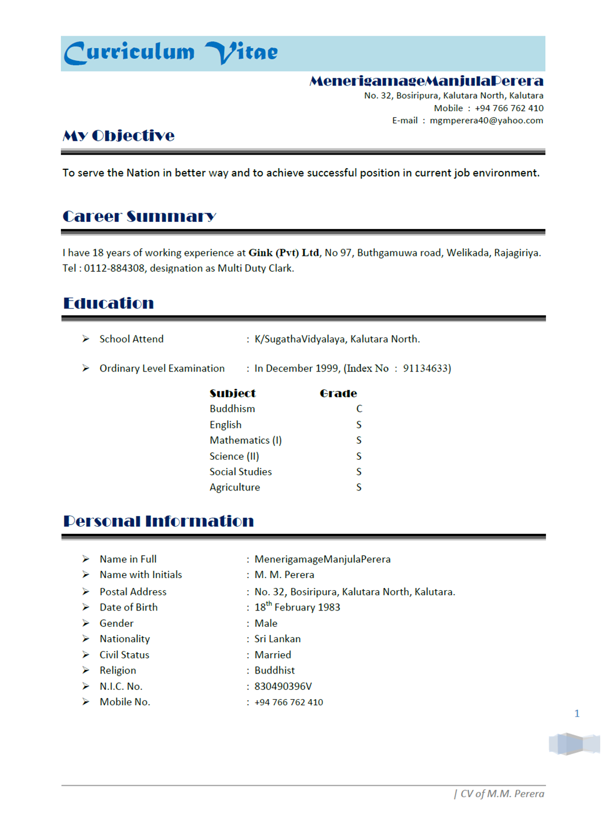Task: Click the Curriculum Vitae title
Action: coord(171,53)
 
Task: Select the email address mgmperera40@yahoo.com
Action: coord(486,121)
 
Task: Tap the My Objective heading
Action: coord(118,136)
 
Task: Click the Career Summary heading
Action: coord(139,216)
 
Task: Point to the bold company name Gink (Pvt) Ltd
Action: coord(283,253)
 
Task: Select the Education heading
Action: coord(109,303)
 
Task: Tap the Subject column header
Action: coord(232,393)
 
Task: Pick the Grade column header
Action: coord(338,393)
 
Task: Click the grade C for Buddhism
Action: coord(359,409)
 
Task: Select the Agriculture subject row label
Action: coord(235,487)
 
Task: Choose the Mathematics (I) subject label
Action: coord(246,440)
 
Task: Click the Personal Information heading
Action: coord(158,521)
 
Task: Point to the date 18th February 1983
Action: coord(297,607)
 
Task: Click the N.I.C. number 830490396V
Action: coord(283,686)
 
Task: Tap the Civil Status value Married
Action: coord(272,655)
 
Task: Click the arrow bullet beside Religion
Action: coord(86,670)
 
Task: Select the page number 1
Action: coord(577,713)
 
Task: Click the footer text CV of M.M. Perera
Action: coord(502,794)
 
